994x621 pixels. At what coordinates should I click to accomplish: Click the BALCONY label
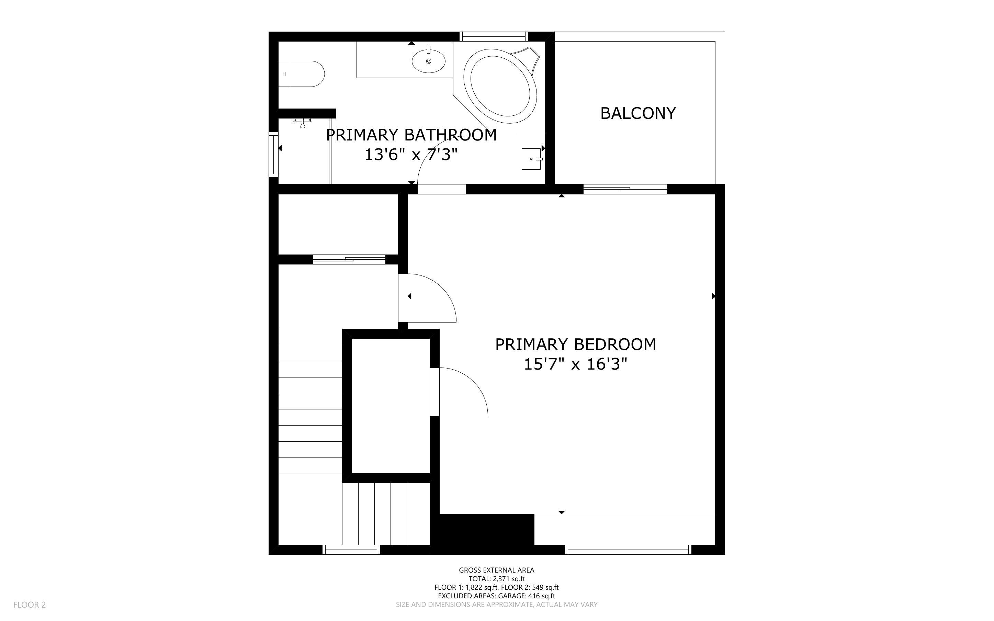click(x=637, y=113)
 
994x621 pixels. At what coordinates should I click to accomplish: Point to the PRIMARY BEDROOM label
click(x=575, y=345)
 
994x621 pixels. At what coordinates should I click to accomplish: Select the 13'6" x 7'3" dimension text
click(x=411, y=155)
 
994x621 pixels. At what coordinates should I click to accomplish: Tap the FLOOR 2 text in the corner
click(x=30, y=605)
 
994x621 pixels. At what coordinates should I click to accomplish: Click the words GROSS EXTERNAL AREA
click(x=496, y=570)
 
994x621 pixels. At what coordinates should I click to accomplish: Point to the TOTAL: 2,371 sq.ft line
click(x=496, y=579)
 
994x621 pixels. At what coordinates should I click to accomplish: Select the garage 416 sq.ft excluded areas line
click(x=496, y=596)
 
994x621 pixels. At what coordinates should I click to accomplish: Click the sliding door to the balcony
click(x=625, y=189)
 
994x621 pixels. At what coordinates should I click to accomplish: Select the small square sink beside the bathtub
click(x=531, y=159)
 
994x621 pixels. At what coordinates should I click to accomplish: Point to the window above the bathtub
click(x=494, y=36)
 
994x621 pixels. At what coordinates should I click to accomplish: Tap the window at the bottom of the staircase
click(x=351, y=550)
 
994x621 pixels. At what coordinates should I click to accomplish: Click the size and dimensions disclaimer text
click(x=496, y=605)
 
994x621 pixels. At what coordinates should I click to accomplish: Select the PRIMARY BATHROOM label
click(x=411, y=135)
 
